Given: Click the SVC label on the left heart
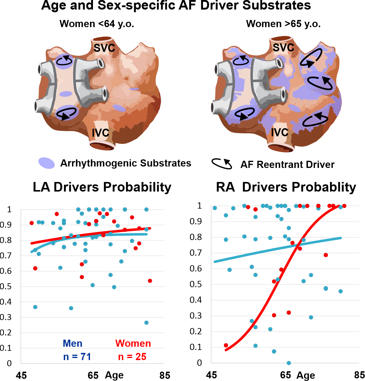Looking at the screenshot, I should click(104, 48).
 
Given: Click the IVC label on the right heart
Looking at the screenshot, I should click(280, 132).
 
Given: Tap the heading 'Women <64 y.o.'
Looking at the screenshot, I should click(97, 24).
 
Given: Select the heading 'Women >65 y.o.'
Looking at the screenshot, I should click(283, 24).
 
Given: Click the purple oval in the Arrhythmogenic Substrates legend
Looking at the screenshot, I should click(46, 163).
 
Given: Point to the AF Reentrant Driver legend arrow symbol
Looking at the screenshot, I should click(222, 164).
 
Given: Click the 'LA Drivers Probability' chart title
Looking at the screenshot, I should click(102, 187).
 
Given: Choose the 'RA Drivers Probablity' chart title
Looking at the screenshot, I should click(286, 187).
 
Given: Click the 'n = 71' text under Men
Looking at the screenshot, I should click(77, 356).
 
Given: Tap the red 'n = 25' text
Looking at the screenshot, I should click(132, 356).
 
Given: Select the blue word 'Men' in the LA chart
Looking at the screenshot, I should click(73, 343).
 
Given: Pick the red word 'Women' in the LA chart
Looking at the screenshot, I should click(133, 343).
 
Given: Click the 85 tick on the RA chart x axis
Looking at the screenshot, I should click(359, 375).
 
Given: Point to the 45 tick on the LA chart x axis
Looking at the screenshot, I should click(21, 375).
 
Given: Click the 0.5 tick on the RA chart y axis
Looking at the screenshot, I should click(196, 284).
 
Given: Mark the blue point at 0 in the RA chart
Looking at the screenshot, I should click(289, 363).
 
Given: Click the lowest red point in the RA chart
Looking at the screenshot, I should click(226, 345).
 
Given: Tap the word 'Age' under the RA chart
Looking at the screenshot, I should click(306, 375).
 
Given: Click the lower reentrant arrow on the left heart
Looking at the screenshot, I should click(66, 114).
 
